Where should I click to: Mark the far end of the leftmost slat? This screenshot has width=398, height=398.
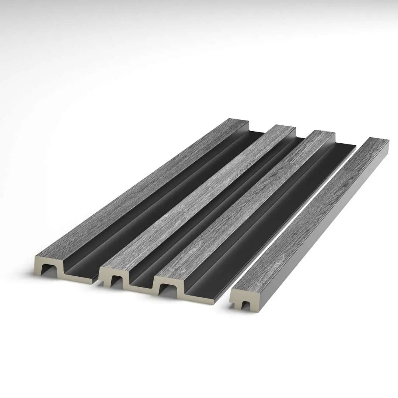(236, 121)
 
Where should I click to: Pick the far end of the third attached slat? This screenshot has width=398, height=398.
(324, 133)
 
